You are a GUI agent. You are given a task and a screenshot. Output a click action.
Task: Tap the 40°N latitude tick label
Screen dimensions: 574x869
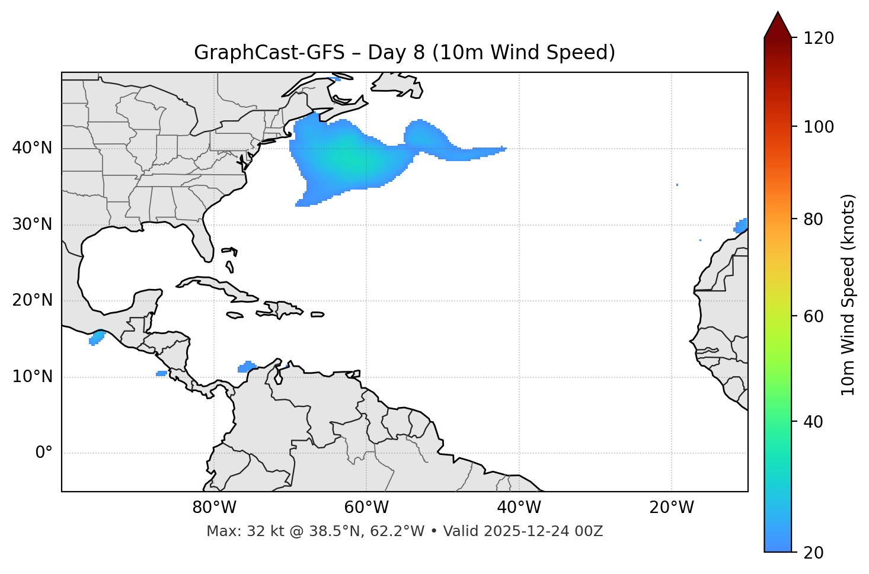click(32, 148)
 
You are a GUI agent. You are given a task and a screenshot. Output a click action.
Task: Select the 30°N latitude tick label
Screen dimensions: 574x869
click(32, 225)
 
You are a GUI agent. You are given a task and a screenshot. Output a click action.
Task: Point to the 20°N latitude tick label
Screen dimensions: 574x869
click(32, 300)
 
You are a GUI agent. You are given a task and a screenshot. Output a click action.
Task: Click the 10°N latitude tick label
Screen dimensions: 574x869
click(32, 377)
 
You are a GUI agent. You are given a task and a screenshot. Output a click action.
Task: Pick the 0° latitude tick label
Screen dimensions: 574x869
click(44, 453)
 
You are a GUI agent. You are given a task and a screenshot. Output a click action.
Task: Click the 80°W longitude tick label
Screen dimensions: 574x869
click(214, 508)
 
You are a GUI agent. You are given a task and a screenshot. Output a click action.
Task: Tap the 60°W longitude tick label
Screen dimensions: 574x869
click(366, 508)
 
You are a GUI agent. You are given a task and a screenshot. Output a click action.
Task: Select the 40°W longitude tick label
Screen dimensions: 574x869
click(519, 508)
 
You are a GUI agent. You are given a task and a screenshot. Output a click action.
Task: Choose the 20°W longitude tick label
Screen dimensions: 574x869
click(672, 508)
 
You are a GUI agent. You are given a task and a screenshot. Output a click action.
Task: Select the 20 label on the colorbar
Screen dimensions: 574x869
click(813, 553)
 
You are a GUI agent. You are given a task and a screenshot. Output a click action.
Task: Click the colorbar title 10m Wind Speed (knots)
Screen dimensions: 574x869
click(848, 294)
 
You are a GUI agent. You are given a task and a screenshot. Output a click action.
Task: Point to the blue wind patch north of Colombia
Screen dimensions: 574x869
click(246, 367)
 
